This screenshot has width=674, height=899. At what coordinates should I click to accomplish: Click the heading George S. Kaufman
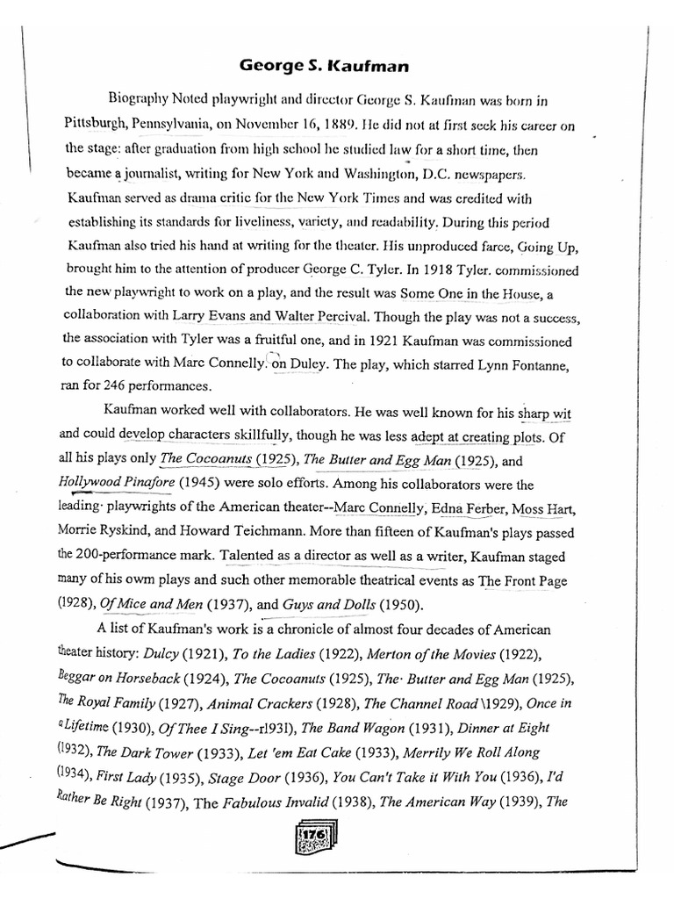pyautogui.click(x=321, y=65)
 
